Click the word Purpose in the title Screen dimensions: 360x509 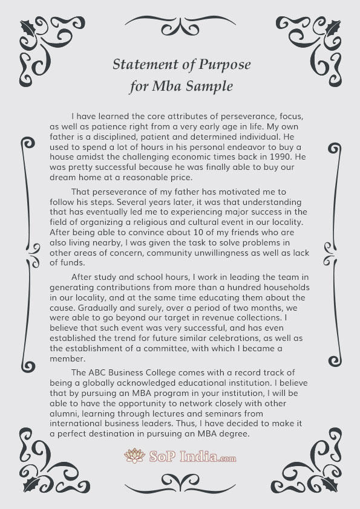point(223,65)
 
